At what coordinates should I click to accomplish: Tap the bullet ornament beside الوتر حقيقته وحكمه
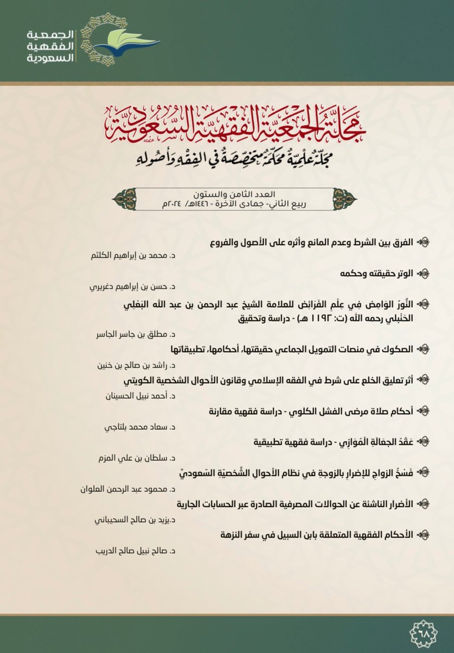point(424,271)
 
